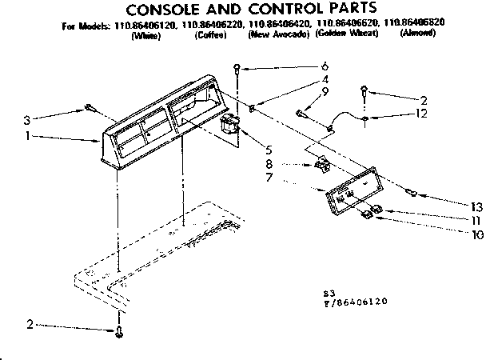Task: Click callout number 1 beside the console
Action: pos(28,136)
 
